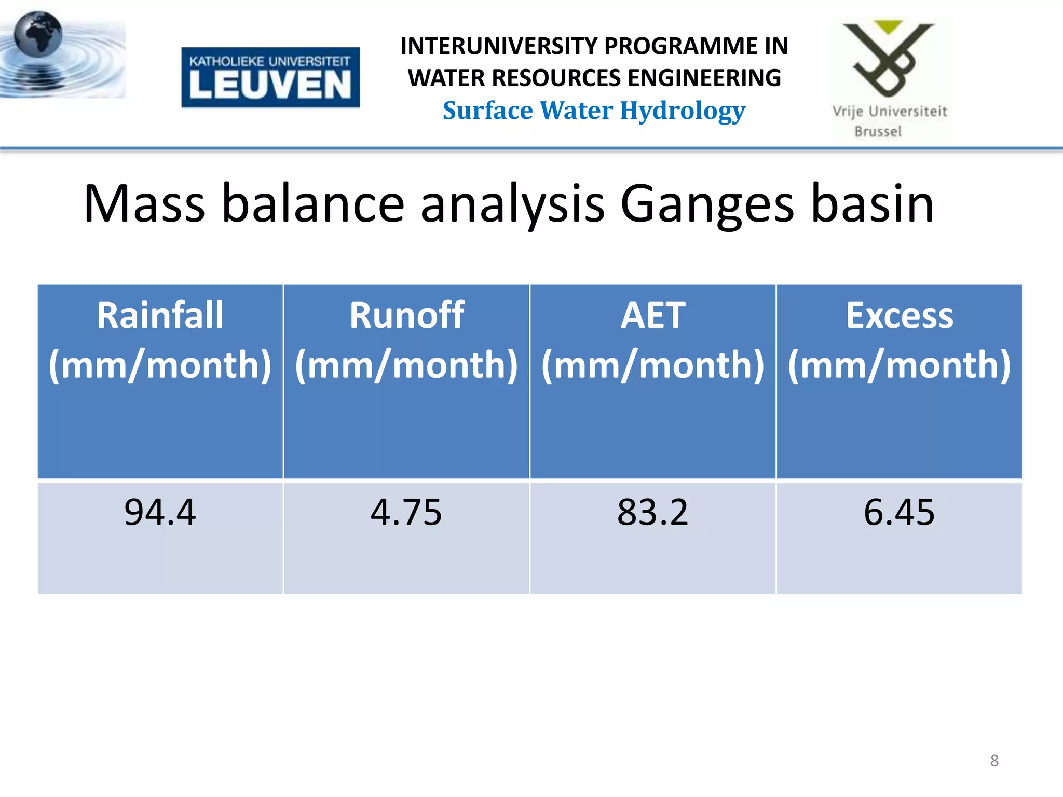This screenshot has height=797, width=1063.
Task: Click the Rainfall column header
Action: [x=160, y=340]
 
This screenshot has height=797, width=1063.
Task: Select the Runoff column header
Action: [x=406, y=340]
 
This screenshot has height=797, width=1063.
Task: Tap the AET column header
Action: [x=653, y=340]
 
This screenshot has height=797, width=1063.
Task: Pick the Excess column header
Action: [x=900, y=340]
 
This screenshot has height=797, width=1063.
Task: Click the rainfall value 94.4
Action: [x=160, y=513]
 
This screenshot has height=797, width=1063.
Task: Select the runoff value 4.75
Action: [x=406, y=513]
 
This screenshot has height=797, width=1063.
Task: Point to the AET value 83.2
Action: [x=653, y=513]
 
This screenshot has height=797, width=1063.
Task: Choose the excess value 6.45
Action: [x=900, y=513]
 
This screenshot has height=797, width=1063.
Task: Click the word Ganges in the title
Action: [x=707, y=205]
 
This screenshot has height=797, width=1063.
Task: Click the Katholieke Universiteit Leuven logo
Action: [x=270, y=77]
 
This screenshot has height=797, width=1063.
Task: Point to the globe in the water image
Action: [x=38, y=35]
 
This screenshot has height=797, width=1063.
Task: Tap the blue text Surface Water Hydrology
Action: [x=594, y=111]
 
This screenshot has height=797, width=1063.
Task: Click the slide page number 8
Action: [x=994, y=761]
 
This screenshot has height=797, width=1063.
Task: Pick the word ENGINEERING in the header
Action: [x=704, y=78]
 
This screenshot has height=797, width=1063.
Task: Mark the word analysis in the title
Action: [x=512, y=205]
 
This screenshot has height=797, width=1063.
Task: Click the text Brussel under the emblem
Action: [x=878, y=131]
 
